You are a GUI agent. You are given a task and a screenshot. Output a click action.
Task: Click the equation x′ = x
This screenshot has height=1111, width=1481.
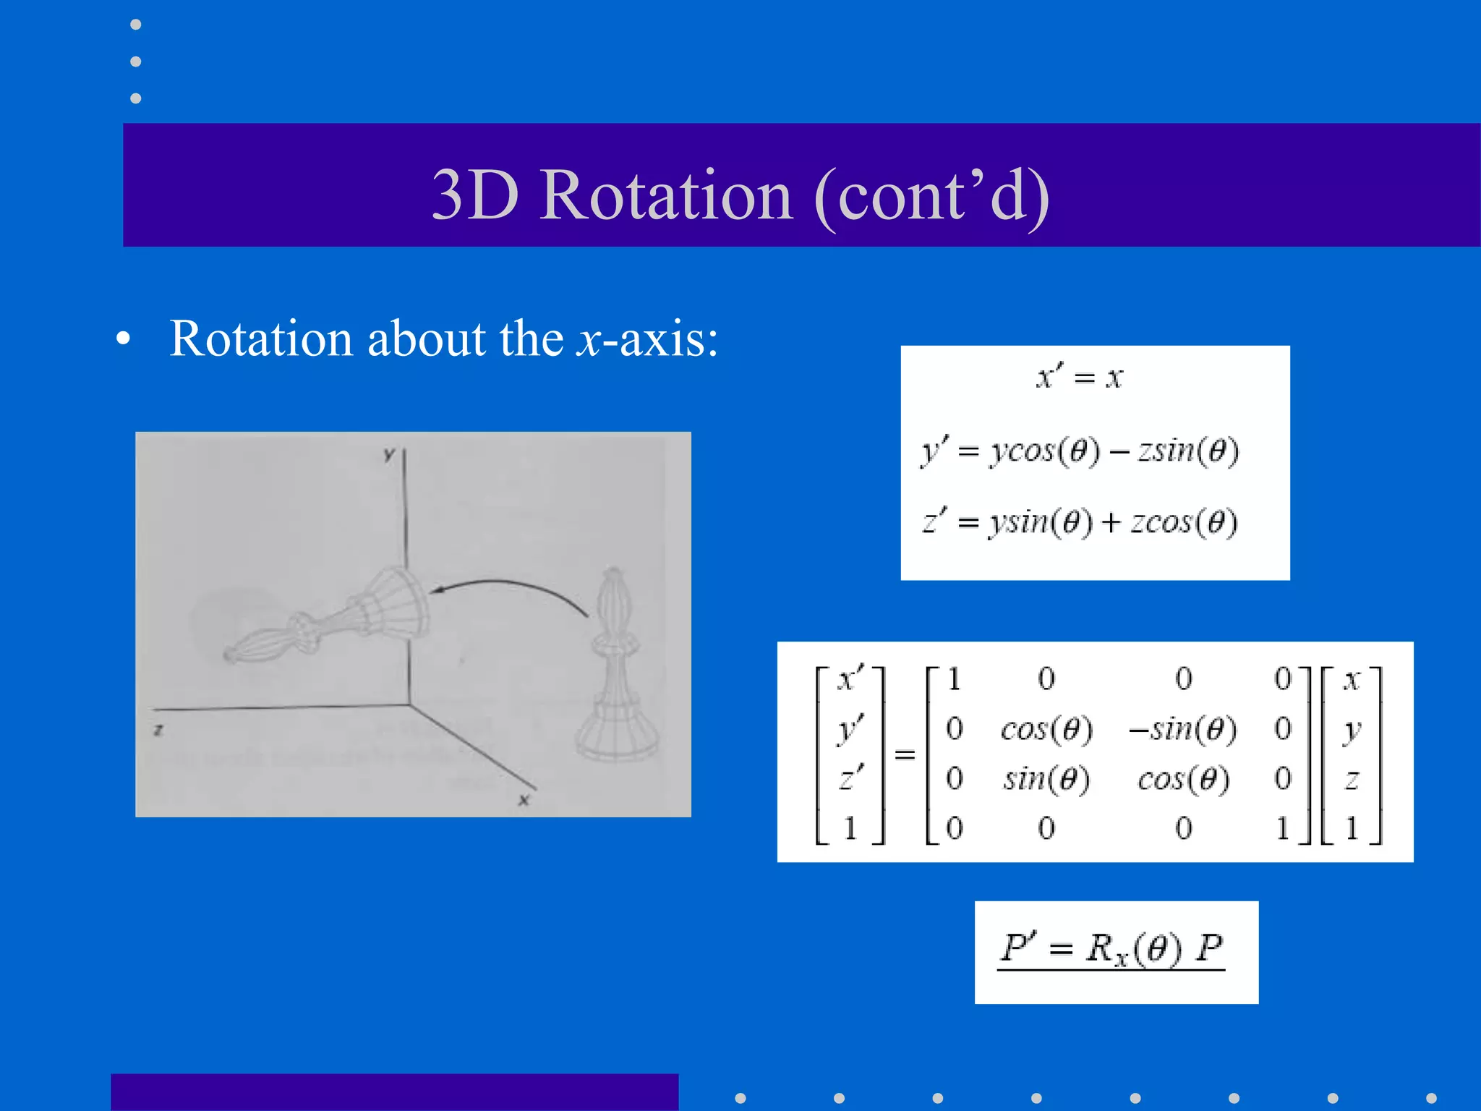pyautogui.click(x=1080, y=376)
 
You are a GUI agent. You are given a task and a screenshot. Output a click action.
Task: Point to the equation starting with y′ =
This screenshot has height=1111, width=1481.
pyautogui.click(x=1080, y=451)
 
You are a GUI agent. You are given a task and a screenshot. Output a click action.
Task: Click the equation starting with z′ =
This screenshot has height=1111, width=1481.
pyautogui.click(x=1080, y=522)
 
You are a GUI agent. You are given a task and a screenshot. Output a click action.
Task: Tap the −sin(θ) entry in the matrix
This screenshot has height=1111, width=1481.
pyautogui.click(x=1183, y=729)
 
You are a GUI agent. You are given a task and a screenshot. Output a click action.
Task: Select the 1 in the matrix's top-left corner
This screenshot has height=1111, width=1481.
pyautogui.click(x=954, y=678)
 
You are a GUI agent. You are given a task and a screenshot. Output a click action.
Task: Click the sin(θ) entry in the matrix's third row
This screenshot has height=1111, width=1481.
pyautogui.click(x=1046, y=780)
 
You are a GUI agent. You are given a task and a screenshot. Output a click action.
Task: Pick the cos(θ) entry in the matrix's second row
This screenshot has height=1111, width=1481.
pyautogui.click(x=1046, y=729)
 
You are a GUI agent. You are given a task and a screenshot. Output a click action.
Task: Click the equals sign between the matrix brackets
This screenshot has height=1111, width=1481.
pyautogui.click(x=905, y=754)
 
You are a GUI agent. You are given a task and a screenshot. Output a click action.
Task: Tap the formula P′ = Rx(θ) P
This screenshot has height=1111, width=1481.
pyautogui.click(x=1111, y=949)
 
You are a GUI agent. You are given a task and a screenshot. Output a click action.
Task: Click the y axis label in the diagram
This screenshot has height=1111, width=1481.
pyautogui.click(x=389, y=454)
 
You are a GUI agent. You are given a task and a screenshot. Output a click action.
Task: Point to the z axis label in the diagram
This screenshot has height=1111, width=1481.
pyautogui.click(x=158, y=730)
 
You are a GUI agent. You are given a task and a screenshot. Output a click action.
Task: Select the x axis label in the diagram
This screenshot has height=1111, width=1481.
pyautogui.click(x=524, y=799)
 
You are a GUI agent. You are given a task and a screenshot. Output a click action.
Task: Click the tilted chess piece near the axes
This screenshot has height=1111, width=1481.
pyautogui.click(x=333, y=618)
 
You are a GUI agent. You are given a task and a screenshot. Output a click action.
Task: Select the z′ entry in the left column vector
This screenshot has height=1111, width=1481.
pyautogui.click(x=850, y=778)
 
